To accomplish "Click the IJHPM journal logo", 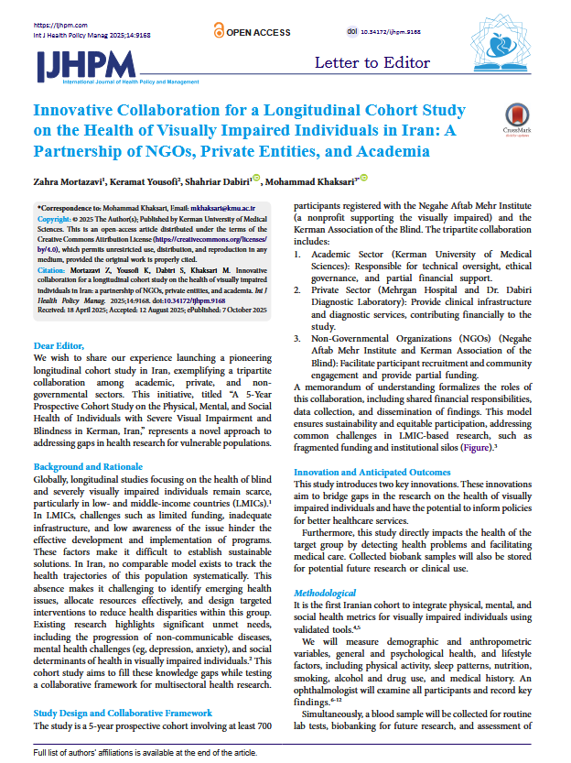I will [86, 64].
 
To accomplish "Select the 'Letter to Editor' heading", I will [372, 62].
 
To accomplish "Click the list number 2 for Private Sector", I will [298, 287].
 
